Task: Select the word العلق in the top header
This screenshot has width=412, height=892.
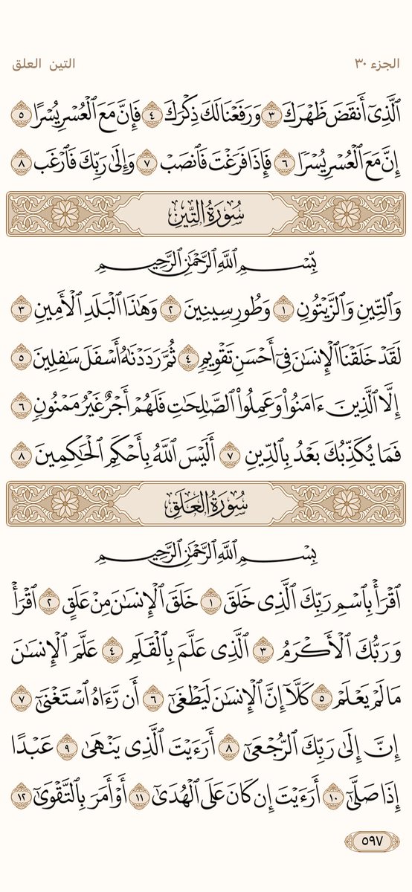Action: coord(30,65)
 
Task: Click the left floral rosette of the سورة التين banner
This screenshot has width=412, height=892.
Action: coord(65,214)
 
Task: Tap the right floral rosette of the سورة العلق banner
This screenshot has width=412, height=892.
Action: coord(347,502)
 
